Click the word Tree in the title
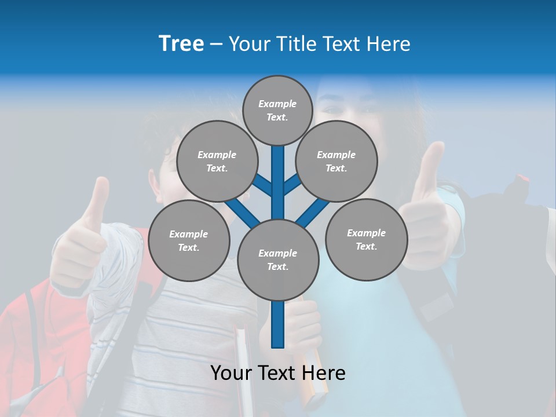(x=181, y=44)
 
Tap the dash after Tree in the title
(x=216, y=45)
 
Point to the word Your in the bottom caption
(x=231, y=373)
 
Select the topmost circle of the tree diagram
(x=277, y=110)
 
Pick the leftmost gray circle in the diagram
(x=189, y=240)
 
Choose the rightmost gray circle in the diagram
(x=366, y=239)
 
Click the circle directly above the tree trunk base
(x=277, y=259)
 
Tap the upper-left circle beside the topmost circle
(x=217, y=161)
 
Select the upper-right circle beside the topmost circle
(x=336, y=161)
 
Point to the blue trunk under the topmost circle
(x=278, y=174)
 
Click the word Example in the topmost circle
(x=277, y=104)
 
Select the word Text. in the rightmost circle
(x=366, y=246)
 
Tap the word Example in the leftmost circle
(x=188, y=234)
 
